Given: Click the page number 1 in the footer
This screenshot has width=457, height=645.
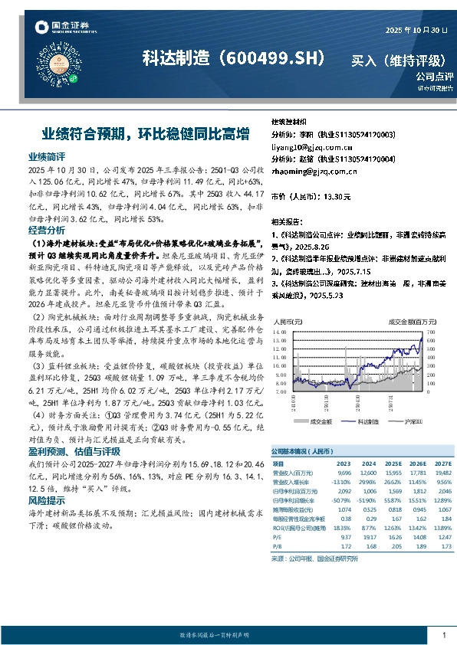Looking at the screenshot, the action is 444,635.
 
